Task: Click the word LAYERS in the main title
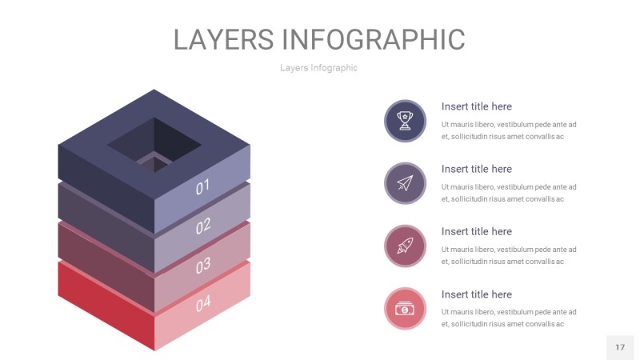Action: click(225, 39)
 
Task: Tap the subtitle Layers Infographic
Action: click(318, 68)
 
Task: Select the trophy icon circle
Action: click(405, 121)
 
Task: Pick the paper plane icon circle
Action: click(405, 183)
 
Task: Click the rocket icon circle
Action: click(405, 246)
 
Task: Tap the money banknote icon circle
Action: click(405, 308)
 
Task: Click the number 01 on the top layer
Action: click(202, 187)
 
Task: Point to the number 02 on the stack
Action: click(203, 226)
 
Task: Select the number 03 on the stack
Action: click(203, 264)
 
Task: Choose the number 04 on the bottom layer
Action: click(203, 303)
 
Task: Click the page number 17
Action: click(620, 347)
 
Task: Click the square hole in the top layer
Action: click(154, 144)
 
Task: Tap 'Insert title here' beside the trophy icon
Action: click(476, 106)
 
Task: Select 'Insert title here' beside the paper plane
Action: click(476, 169)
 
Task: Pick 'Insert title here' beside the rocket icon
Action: click(476, 231)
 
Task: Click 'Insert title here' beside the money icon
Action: click(476, 294)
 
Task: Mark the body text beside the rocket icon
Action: click(509, 255)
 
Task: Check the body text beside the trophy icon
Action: click(509, 130)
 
